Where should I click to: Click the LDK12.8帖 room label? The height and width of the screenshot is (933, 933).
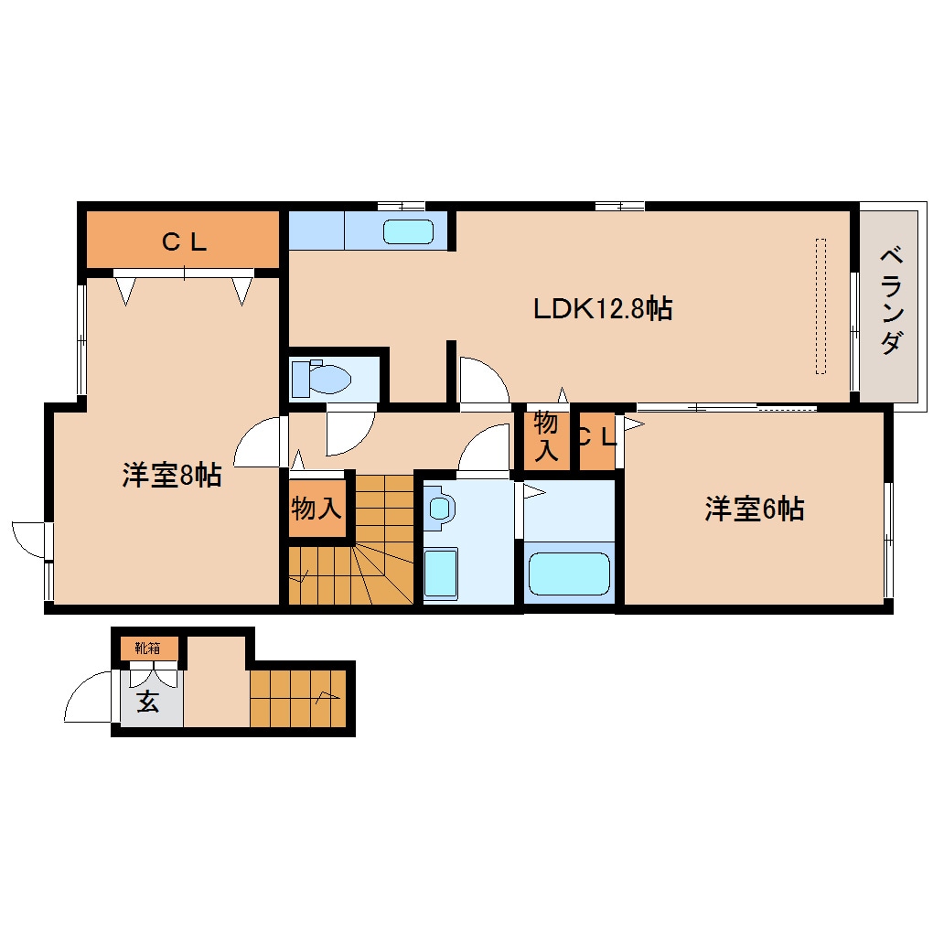603,309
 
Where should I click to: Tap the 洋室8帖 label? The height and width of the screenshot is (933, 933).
171,476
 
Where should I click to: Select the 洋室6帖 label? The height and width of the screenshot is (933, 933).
754,509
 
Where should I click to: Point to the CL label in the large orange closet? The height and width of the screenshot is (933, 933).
184,242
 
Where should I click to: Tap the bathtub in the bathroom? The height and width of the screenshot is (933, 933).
569,574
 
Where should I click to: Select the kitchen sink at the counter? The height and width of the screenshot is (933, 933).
408,231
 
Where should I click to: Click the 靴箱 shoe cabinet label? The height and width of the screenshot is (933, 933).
148,649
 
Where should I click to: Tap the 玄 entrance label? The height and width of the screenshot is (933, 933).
147,702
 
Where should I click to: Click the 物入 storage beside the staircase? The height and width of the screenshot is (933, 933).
316,509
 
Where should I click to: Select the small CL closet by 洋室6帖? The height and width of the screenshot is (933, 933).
596,437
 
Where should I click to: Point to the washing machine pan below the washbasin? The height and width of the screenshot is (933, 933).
441,573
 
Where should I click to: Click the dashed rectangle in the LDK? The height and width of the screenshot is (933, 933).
820,306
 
